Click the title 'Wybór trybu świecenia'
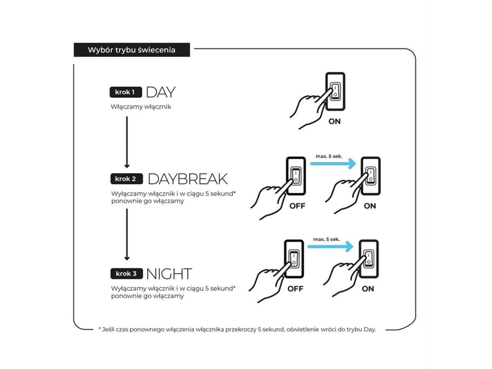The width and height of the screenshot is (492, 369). pyautogui.click(x=131, y=50)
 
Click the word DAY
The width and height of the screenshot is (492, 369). pyautogui.click(x=160, y=92)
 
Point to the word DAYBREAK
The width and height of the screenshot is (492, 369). pyautogui.click(x=187, y=179)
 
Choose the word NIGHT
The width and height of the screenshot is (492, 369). pyautogui.click(x=169, y=274)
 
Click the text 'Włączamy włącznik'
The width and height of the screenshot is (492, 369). pyautogui.click(x=140, y=107)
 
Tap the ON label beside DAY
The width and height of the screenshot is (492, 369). pyautogui.click(x=334, y=122)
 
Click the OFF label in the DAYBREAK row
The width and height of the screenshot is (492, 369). pyautogui.click(x=296, y=207)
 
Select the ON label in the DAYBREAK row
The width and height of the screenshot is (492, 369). pyautogui.click(x=369, y=207)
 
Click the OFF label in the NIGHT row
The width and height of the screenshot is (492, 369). pyautogui.click(x=295, y=289)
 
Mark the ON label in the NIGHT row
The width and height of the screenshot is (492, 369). pyautogui.click(x=368, y=289)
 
